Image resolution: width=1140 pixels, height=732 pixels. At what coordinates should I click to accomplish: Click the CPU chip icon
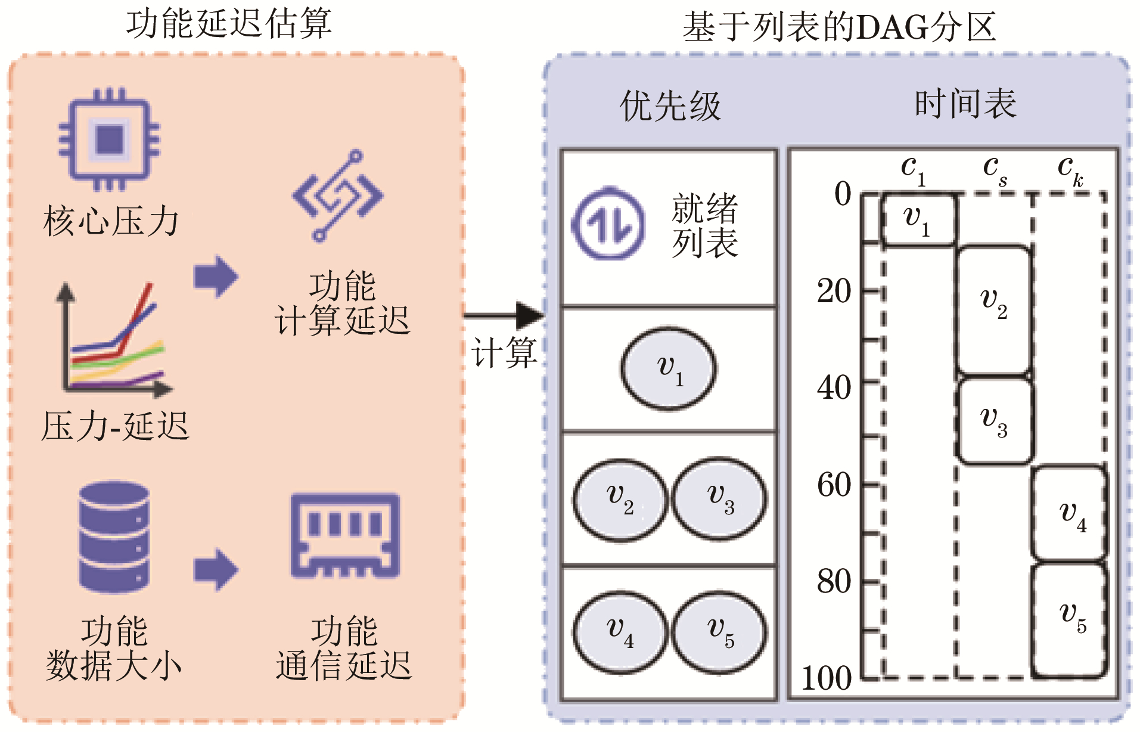(x=109, y=139)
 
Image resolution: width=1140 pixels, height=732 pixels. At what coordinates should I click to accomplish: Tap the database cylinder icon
(x=114, y=536)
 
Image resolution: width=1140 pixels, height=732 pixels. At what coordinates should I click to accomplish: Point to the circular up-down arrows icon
(x=608, y=224)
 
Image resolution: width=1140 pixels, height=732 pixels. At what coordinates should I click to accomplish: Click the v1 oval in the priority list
(x=669, y=369)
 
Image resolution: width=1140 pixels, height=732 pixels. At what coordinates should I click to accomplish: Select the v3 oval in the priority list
(x=719, y=499)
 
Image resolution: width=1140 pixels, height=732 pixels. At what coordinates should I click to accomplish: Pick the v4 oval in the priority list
(x=620, y=632)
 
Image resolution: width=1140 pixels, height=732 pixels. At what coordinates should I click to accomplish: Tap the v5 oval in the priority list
(x=719, y=632)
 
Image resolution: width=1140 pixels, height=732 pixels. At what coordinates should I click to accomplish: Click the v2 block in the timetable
(x=994, y=310)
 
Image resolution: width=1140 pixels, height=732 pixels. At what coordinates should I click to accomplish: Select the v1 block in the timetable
(x=918, y=219)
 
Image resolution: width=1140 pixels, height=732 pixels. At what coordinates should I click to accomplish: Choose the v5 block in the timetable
(x=1070, y=620)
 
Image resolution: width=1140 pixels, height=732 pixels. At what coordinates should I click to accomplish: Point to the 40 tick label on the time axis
(x=834, y=387)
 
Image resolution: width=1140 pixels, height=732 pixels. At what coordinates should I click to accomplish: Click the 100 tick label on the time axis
(x=827, y=678)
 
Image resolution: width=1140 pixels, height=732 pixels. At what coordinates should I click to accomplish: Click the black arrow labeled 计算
(x=504, y=315)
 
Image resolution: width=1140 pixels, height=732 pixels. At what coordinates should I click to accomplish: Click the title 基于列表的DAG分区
(x=839, y=27)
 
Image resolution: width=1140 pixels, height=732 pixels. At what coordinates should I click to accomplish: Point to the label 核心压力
(x=111, y=222)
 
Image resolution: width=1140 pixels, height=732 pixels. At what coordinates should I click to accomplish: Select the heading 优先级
(x=670, y=107)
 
